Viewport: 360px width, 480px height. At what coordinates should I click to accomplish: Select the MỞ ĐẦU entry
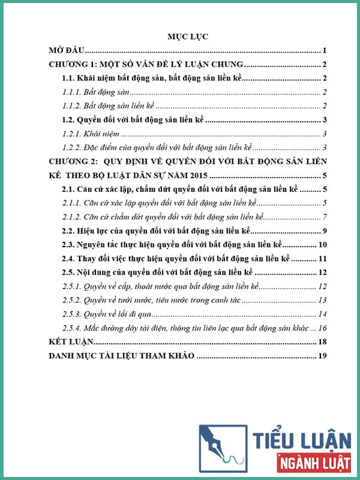tap(67, 51)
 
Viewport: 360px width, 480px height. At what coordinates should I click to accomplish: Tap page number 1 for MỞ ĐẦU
tap(323, 51)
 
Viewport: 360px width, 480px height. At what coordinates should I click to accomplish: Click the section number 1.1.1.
tap(73, 92)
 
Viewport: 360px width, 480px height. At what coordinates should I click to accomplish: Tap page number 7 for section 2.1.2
tap(323, 217)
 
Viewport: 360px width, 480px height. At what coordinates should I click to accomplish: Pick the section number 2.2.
tap(70, 231)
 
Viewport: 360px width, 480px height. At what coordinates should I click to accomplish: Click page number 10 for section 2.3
tap(322, 245)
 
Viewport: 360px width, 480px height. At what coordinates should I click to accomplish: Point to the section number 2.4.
tap(70, 259)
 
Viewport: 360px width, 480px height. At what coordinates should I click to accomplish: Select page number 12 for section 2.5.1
tap(322, 286)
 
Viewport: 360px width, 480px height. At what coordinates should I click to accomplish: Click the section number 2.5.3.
tap(73, 314)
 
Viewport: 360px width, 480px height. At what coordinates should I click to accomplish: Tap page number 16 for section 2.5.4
tap(322, 328)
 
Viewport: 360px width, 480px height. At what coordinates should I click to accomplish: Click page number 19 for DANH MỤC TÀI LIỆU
tap(322, 356)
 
